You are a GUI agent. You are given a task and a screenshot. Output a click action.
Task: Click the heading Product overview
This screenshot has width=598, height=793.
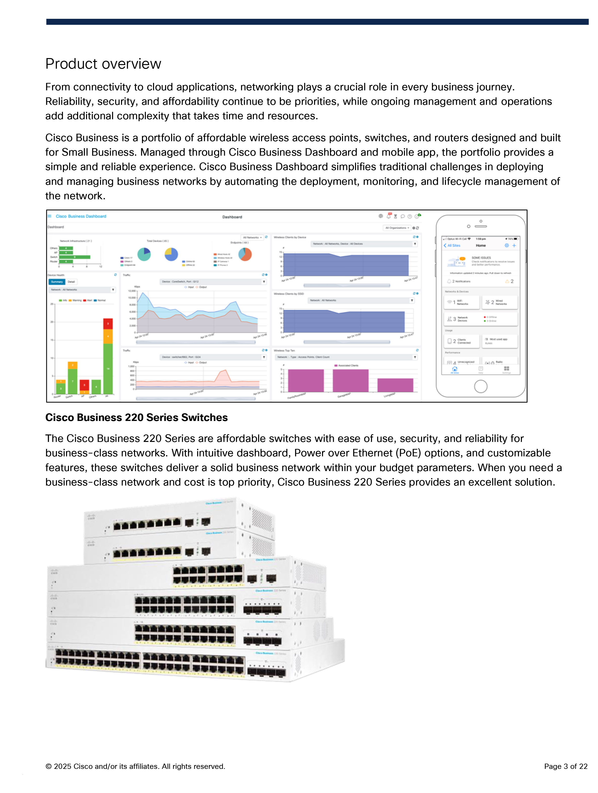[x=103, y=64]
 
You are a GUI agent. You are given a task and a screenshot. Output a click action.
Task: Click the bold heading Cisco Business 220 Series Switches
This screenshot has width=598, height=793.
[x=136, y=417]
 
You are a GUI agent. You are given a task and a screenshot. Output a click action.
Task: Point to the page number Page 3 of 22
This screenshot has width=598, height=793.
[x=565, y=766]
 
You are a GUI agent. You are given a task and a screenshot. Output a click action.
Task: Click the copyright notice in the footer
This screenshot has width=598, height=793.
[x=135, y=766]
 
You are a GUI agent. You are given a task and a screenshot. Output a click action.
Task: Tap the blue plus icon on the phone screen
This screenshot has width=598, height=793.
[x=514, y=246]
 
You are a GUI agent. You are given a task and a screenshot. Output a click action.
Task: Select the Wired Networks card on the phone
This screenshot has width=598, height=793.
[x=499, y=302]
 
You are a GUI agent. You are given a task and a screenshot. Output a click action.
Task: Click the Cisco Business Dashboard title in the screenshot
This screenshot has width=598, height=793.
[x=81, y=216]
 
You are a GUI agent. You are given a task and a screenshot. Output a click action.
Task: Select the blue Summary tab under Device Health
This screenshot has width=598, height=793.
[x=57, y=282]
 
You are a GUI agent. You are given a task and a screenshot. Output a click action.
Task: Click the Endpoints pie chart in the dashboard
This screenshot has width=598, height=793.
[x=245, y=254]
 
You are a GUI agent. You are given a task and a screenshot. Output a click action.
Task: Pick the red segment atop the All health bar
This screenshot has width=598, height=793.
[x=108, y=323]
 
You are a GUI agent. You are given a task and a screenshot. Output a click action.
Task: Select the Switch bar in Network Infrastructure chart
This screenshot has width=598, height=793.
[x=74, y=257]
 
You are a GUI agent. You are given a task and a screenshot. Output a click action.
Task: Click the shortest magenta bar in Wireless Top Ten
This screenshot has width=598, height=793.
[x=395, y=385]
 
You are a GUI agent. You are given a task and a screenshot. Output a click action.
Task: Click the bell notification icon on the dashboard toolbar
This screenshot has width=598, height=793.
[x=389, y=216]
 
